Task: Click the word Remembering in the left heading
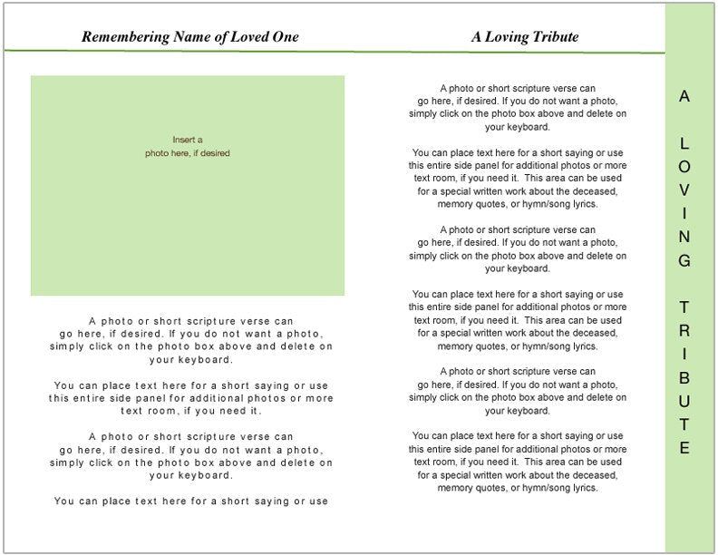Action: tap(125, 37)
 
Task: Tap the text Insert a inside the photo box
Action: tap(188, 140)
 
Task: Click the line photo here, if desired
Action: tap(188, 153)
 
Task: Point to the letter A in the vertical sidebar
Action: tap(684, 96)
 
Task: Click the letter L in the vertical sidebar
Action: tap(684, 143)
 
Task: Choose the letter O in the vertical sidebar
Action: tap(684, 167)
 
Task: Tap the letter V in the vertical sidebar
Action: tap(684, 190)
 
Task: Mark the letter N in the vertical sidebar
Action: tap(684, 238)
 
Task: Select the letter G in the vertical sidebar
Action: tap(684, 261)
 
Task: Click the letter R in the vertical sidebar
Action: tap(684, 331)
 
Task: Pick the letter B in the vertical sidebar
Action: tap(684, 377)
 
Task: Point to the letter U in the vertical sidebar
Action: tap(684, 401)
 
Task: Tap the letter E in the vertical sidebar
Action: tap(684, 448)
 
